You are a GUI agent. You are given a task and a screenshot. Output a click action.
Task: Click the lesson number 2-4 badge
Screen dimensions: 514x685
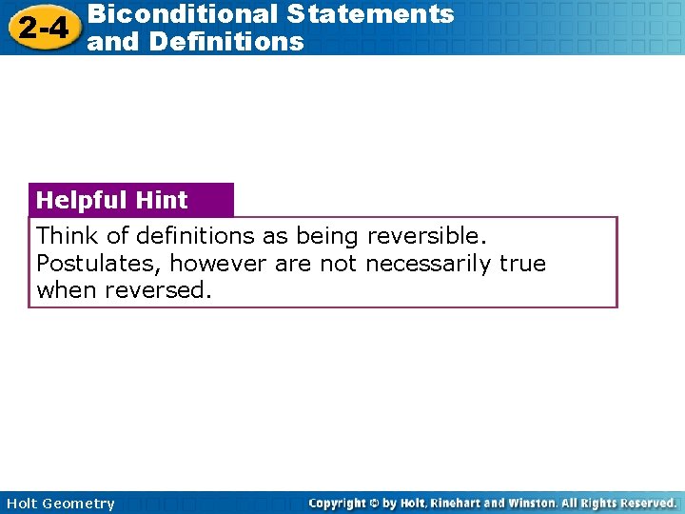43,28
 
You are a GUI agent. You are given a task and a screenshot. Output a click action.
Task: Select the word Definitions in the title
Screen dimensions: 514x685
226,42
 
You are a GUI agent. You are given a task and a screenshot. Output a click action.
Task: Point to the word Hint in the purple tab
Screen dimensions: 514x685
162,200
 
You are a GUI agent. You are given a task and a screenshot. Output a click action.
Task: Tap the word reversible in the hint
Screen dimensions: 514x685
428,235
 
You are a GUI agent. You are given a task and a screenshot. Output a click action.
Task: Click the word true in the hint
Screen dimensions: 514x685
522,263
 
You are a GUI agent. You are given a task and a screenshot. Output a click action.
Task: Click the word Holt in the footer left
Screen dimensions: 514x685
22,504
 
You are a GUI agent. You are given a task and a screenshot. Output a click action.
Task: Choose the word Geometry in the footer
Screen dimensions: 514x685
78,504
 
